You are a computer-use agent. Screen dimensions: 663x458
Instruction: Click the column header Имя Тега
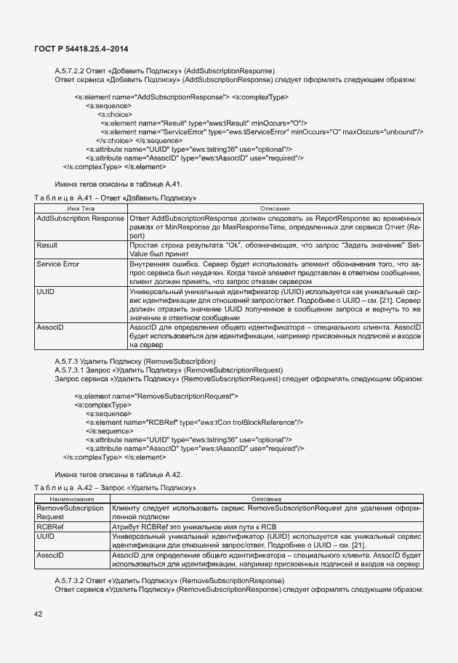click(x=81, y=208)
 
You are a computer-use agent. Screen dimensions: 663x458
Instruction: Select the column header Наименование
click(x=71, y=498)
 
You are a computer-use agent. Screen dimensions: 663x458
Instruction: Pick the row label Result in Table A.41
click(x=47, y=246)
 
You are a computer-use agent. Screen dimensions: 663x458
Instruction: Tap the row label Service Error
click(x=58, y=264)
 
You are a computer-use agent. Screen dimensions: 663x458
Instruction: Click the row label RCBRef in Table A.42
click(x=49, y=526)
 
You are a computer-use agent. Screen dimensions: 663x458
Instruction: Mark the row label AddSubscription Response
click(x=80, y=218)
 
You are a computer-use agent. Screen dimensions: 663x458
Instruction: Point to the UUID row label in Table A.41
click(x=46, y=291)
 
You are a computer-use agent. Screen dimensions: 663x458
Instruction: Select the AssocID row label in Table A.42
click(x=50, y=555)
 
